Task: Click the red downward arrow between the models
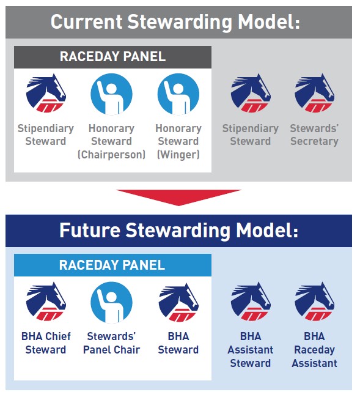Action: tap(178, 197)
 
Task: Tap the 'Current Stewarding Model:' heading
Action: tap(175, 22)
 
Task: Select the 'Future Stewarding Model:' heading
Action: tap(178, 231)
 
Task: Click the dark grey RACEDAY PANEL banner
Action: tap(112, 57)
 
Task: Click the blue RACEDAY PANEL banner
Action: tap(112, 265)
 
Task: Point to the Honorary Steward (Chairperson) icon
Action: tap(111, 94)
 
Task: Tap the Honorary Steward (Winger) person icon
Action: tap(178, 94)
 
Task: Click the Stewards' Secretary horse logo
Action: tap(315, 93)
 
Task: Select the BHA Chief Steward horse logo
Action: tap(46, 302)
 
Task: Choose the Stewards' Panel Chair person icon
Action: tap(111, 303)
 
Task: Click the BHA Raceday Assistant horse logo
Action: tap(315, 302)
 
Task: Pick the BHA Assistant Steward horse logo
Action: tap(251, 302)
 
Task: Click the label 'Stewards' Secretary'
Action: tap(314, 135)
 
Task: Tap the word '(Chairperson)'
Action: tap(111, 155)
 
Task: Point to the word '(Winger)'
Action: tap(178, 155)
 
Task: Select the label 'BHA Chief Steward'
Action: tap(46, 343)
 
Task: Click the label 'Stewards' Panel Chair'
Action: tap(111, 343)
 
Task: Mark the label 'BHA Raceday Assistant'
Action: tap(314, 350)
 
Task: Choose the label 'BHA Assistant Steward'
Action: tap(251, 350)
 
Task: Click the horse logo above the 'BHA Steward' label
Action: tap(178, 302)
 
